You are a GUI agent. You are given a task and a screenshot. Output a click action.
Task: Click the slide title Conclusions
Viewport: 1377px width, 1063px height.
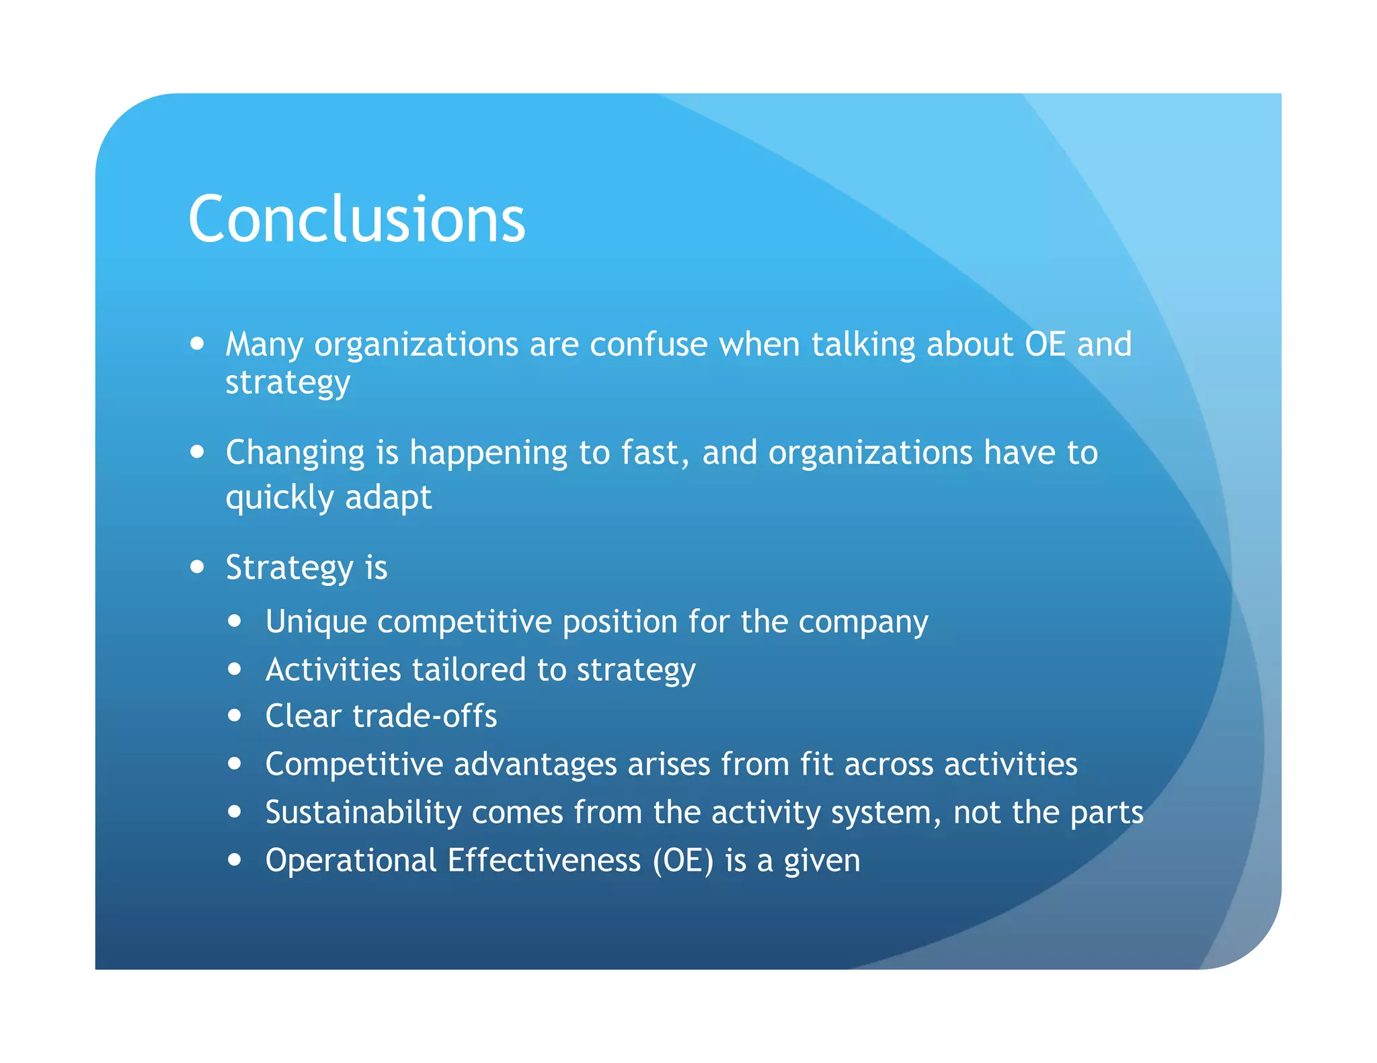(356, 219)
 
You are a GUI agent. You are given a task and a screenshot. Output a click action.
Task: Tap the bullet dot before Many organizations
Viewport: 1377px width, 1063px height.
(197, 343)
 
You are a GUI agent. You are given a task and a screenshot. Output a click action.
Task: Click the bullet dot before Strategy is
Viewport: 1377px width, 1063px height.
(197, 566)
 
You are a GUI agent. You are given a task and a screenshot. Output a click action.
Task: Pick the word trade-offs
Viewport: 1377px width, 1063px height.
(424, 716)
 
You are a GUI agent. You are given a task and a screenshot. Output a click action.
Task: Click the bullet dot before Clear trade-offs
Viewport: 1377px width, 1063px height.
(234, 716)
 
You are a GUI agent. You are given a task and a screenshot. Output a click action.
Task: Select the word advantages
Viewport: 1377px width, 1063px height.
(535, 764)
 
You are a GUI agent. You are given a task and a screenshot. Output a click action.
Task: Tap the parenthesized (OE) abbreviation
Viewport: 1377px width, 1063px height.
(682, 861)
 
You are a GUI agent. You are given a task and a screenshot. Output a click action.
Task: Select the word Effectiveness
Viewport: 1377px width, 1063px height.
(543, 861)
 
